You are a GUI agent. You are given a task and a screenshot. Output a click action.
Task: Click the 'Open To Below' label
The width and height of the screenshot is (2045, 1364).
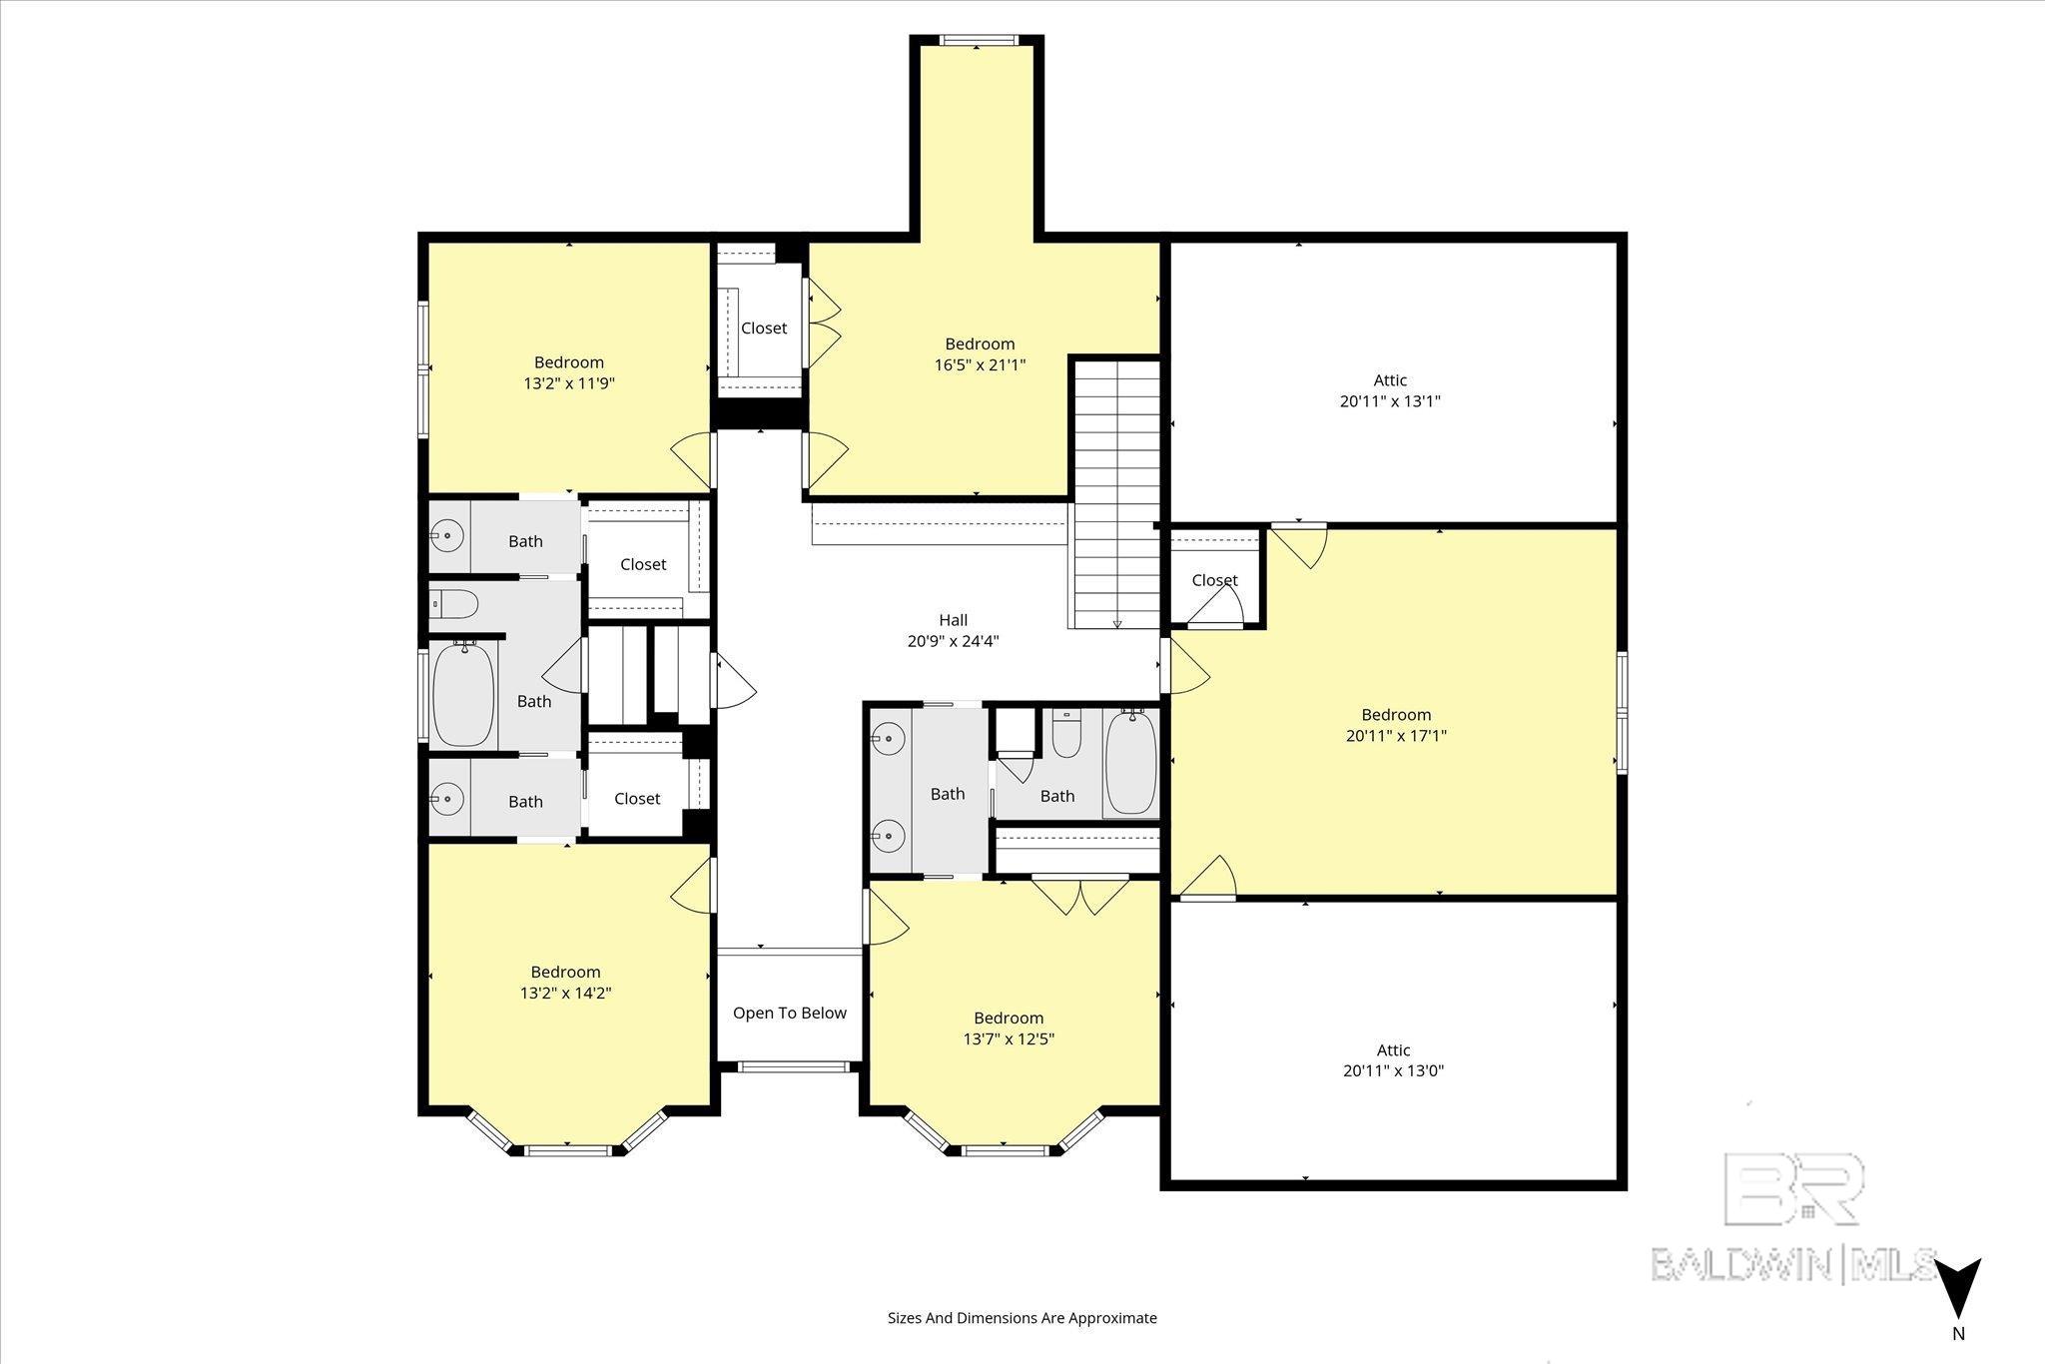pyautogui.click(x=789, y=1013)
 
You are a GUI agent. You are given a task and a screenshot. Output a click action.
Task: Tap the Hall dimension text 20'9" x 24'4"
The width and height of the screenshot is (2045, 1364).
pyautogui.click(x=953, y=641)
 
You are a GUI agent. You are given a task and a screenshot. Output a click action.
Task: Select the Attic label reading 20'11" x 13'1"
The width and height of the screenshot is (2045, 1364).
pyautogui.click(x=1390, y=390)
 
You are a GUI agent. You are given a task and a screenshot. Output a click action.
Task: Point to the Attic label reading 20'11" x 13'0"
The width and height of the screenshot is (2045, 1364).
pyautogui.click(x=1393, y=1060)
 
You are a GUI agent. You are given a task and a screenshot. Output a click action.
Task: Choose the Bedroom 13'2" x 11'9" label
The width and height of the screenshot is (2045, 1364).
pyautogui.click(x=568, y=372)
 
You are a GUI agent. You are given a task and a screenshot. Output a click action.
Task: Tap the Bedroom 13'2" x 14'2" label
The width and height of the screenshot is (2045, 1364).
pyautogui.click(x=565, y=983)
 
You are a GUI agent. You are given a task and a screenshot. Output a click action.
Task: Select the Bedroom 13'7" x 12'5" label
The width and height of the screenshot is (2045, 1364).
pyautogui.click(x=1009, y=1028)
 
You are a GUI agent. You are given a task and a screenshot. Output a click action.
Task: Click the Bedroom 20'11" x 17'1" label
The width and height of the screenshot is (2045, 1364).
pyautogui.click(x=1396, y=725)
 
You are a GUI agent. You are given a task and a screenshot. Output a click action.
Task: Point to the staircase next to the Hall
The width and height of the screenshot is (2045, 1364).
pyautogui.click(x=1116, y=493)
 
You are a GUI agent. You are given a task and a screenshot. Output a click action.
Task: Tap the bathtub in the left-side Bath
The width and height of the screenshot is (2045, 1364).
pyautogui.click(x=463, y=694)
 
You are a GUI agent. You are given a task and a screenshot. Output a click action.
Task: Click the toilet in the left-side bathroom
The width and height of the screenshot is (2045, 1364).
pyautogui.click(x=454, y=604)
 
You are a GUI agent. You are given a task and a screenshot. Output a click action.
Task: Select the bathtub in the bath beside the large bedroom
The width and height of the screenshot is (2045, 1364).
pyautogui.click(x=1130, y=762)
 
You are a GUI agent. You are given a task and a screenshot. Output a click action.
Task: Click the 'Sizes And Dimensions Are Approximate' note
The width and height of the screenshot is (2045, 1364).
pyautogui.click(x=1022, y=1318)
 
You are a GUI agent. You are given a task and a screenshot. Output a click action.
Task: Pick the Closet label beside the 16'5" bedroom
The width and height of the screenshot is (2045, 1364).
pyautogui.click(x=764, y=328)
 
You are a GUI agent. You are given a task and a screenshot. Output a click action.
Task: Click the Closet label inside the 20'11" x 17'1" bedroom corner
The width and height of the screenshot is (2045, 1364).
pyautogui.click(x=1215, y=580)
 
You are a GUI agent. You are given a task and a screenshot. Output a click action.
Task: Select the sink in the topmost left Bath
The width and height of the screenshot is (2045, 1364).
pyautogui.click(x=448, y=536)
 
